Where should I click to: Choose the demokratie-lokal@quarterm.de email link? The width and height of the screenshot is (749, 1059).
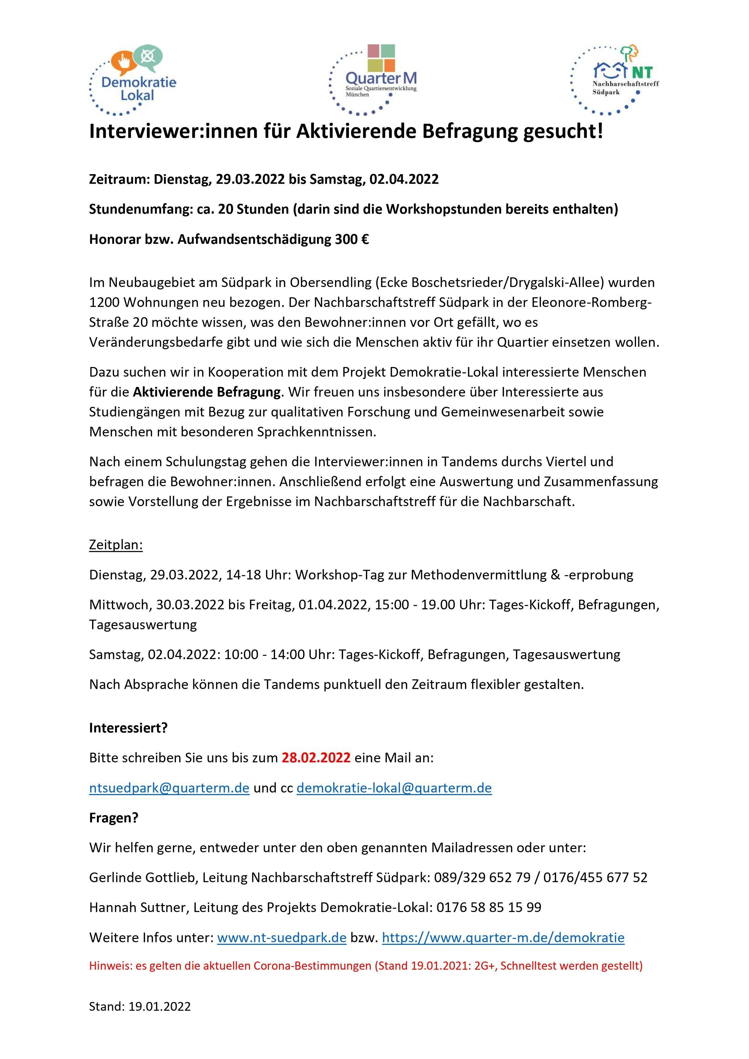[x=394, y=788]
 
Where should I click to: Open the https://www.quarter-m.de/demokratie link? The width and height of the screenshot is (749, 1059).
[x=503, y=938]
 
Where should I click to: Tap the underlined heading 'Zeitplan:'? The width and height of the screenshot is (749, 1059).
[x=116, y=545]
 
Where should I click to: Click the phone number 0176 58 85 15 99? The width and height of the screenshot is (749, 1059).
[x=489, y=907]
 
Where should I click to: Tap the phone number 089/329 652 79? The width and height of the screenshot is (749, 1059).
[x=482, y=877]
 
